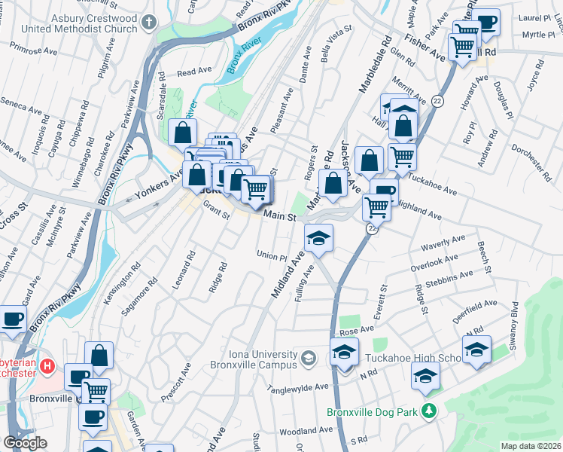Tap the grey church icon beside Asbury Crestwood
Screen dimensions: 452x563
(150, 21)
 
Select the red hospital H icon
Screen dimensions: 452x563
(48, 367)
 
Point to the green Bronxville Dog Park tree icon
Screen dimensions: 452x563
(429, 411)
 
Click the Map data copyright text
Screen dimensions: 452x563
(531, 446)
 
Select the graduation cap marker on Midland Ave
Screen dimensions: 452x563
(318, 240)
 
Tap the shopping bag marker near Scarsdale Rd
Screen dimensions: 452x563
(182, 134)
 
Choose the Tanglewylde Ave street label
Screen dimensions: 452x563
(299, 388)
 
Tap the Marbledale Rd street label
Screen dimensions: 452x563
(374, 64)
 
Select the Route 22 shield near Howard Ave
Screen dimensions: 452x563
(437, 100)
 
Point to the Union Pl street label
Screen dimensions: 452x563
(272, 255)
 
